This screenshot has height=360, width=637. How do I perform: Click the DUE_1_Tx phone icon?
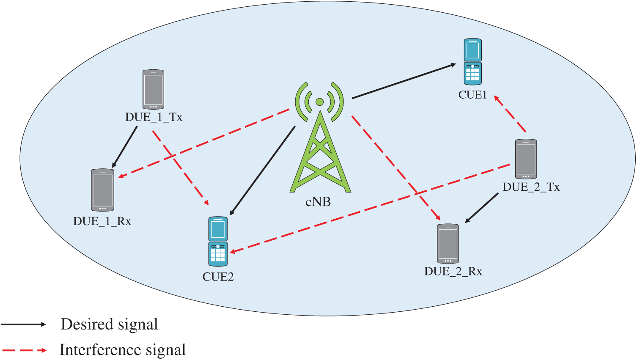153,89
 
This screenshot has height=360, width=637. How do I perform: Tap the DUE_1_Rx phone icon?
103,190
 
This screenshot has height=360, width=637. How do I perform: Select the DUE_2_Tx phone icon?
526,159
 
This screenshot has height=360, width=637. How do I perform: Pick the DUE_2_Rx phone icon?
448,244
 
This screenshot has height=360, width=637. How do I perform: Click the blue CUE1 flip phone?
472,62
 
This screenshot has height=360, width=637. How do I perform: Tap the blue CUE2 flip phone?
218,241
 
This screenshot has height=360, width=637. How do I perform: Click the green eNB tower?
320,140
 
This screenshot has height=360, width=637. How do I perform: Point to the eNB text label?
318,202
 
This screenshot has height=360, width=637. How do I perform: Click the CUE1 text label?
472,95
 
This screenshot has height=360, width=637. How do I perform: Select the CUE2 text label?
218,277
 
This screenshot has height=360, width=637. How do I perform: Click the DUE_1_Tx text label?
154,117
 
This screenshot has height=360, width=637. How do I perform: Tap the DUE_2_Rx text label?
453,272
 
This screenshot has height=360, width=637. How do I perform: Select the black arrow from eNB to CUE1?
404,81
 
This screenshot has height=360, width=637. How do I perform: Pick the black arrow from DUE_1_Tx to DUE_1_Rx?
125,147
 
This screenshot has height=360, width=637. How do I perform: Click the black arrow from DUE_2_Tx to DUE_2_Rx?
482,208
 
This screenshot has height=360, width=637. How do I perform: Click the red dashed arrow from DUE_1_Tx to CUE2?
181,166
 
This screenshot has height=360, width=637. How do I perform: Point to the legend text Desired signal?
109,324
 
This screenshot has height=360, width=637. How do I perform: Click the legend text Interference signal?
123,350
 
